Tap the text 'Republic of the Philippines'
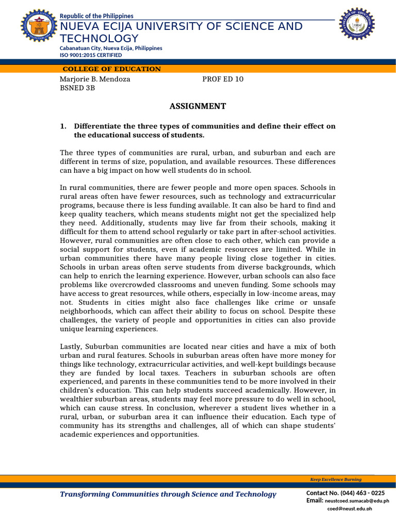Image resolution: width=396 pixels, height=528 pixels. tap(96, 16)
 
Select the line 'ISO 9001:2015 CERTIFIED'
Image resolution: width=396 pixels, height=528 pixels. tap(91, 55)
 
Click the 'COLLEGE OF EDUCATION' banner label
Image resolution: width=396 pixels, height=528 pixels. tap(111, 69)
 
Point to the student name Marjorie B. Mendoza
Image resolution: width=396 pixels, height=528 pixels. tap(95, 79)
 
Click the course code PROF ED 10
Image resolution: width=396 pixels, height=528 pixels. tap(223, 79)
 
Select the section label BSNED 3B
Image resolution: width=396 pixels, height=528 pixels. tap(77, 88)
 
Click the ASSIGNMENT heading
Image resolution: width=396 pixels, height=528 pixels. tap(197, 106)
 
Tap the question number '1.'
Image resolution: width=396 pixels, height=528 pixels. tap(63, 126)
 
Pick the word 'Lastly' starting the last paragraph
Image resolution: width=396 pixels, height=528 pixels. tap(71, 346)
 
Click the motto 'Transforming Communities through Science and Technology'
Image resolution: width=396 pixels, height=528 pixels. tap(168, 494)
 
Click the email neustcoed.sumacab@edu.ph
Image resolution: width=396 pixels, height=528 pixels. tap(357, 501)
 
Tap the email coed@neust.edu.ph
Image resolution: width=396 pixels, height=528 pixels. tap(350, 508)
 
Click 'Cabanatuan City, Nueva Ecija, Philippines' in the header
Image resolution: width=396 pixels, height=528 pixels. tap(111, 48)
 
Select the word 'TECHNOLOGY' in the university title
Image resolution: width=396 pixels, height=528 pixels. tap(100, 39)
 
